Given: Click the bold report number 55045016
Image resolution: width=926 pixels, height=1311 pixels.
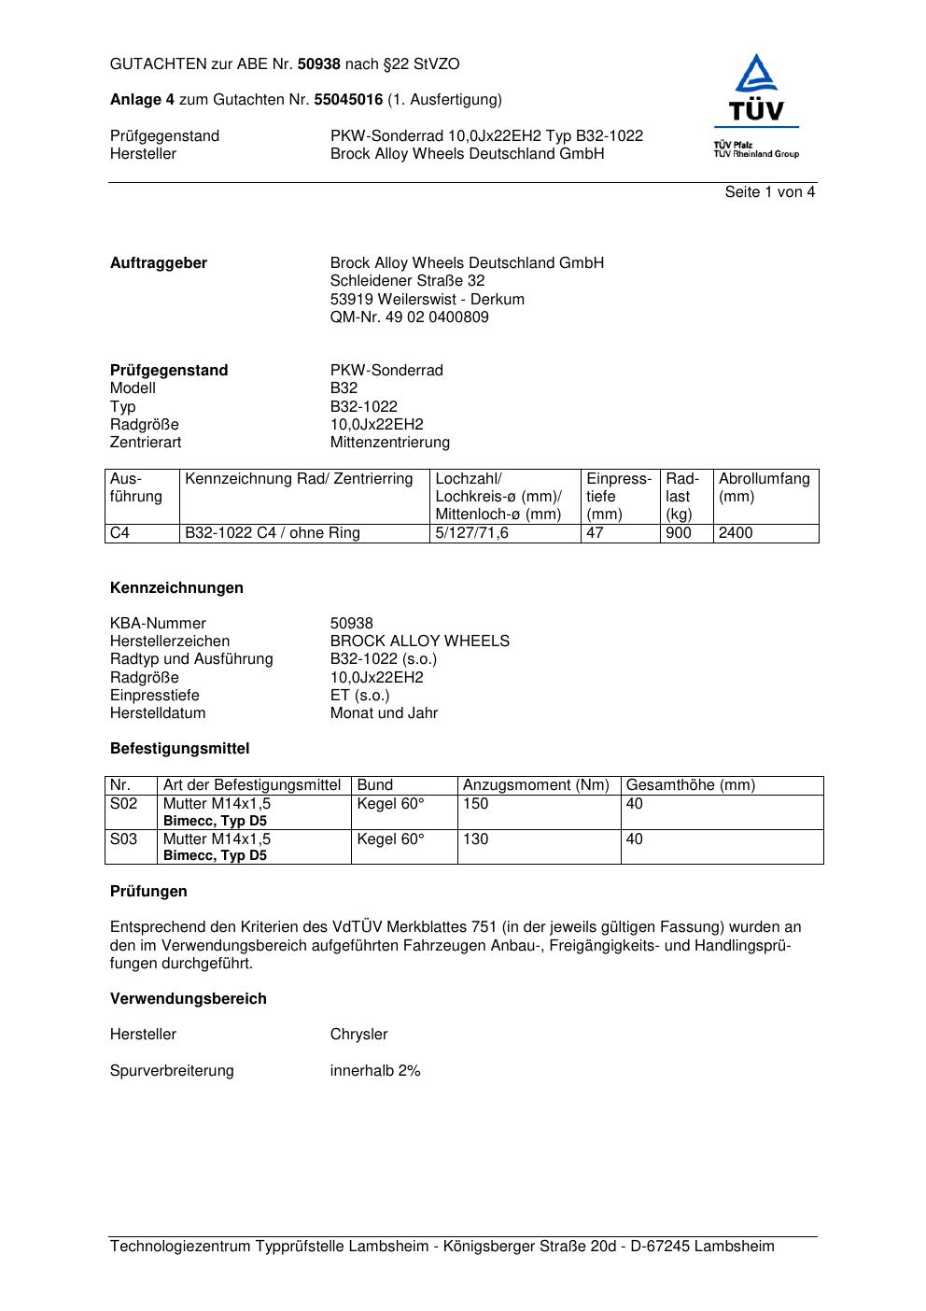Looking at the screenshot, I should click(x=348, y=100).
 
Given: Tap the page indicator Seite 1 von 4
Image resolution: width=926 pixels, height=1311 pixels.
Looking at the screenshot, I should click(x=769, y=192).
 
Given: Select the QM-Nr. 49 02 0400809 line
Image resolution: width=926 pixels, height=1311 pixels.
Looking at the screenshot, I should click(x=409, y=317).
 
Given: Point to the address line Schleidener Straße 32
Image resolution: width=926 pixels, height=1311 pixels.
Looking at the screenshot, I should click(x=407, y=281).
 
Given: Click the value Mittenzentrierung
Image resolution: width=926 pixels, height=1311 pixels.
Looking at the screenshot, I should click(x=389, y=443).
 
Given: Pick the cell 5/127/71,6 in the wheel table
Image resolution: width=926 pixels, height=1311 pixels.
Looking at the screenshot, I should click(x=471, y=533).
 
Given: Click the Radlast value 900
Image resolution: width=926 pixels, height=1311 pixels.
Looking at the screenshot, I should click(x=679, y=533).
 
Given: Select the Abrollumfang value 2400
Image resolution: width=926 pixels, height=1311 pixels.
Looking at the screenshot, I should click(x=736, y=533).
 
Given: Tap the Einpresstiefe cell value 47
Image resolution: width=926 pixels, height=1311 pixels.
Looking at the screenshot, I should click(x=596, y=533).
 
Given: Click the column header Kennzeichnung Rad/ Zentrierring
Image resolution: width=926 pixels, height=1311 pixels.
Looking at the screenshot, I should click(x=299, y=479).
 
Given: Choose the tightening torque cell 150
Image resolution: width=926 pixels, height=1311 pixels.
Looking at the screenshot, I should click(x=476, y=804).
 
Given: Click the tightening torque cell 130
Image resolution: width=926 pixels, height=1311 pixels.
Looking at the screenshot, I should click(x=476, y=839).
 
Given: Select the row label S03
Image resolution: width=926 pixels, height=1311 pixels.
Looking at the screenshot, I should click(x=124, y=839).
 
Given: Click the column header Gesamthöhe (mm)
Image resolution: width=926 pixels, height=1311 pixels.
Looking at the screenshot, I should click(x=691, y=785).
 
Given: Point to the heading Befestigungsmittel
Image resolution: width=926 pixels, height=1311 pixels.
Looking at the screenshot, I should click(x=179, y=749).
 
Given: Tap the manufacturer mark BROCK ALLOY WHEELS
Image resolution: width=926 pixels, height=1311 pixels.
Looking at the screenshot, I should click(x=419, y=641).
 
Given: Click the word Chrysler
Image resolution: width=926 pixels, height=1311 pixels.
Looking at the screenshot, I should click(x=358, y=1035).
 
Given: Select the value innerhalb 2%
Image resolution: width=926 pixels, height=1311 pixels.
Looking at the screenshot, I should click(x=375, y=1071).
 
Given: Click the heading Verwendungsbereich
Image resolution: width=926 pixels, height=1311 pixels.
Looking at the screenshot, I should click(x=188, y=999).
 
